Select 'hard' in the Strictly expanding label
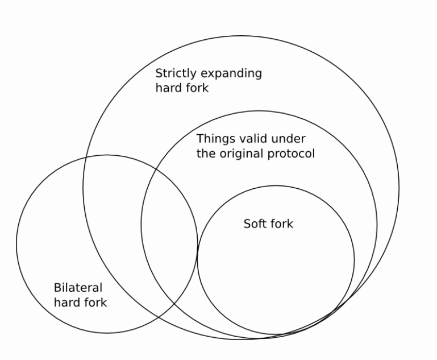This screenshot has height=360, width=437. [x=168, y=89]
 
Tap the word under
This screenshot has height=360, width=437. [x=290, y=138]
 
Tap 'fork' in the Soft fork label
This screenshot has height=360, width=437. [x=281, y=224]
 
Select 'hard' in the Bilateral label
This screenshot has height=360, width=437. [x=66, y=302]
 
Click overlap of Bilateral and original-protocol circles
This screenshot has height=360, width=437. [x=169, y=227]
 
